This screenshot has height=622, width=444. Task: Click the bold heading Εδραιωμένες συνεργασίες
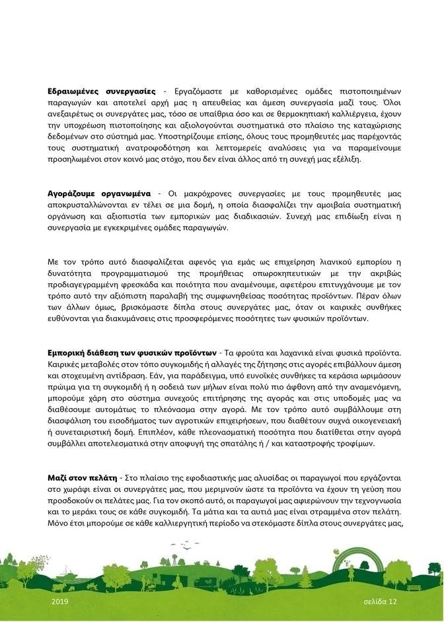102,90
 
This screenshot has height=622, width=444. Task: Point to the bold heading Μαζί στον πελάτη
83,477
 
